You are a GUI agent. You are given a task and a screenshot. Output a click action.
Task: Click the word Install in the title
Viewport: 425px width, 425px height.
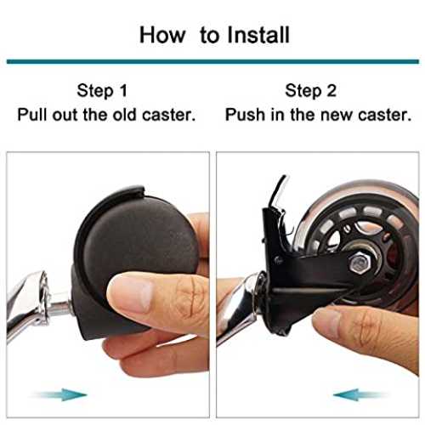pyautogui.click(x=258, y=35)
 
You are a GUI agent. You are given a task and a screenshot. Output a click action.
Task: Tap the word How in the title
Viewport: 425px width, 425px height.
pyautogui.click(x=162, y=35)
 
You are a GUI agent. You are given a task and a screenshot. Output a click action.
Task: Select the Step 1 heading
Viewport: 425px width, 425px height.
pyautogui.click(x=102, y=91)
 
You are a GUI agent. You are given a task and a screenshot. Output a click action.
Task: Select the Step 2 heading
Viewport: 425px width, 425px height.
pyautogui.click(x=310, y=91)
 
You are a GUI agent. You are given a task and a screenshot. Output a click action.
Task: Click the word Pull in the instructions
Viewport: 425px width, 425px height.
pyautogui.click(x=33, y=115)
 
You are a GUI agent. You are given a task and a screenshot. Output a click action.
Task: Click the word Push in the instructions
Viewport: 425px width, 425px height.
pyautogui.click(x=245, y=115)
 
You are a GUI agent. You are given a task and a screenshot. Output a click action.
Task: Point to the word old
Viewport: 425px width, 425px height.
pyautogui.click(x=125, y=115)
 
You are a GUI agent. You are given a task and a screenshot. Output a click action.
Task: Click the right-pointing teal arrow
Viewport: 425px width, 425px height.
pyautogui.click(x=59, y=394)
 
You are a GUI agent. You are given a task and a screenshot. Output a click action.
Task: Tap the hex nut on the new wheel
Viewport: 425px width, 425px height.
pyautogui.click(x=359, y=263)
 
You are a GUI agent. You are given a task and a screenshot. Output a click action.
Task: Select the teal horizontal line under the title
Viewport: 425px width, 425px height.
pyautogui.click(x=212, y=61)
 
